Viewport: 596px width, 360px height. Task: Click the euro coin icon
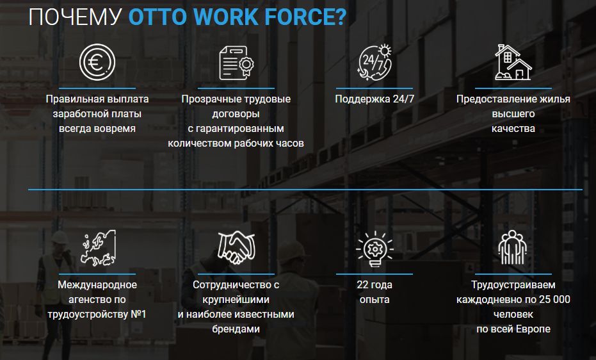coord(97,63)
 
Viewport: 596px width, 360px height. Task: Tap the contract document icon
coord(236,63)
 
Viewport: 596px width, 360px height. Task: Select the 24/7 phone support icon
coord(375,63)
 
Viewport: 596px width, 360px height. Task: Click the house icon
coord(513,62)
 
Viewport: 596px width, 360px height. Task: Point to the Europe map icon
coord(97,249)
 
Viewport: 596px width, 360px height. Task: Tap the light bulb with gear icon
coord(375,249)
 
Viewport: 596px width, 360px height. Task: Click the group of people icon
coord(513,249)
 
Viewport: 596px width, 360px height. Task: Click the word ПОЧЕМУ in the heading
coord(75,17)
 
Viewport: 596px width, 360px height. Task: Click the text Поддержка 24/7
coord(375,99)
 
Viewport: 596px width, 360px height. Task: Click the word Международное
coord(97,285)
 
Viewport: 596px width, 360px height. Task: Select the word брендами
coord(236,329)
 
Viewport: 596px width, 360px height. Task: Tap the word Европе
coord(532,329)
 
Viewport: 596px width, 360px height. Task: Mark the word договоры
coord(236,114)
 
